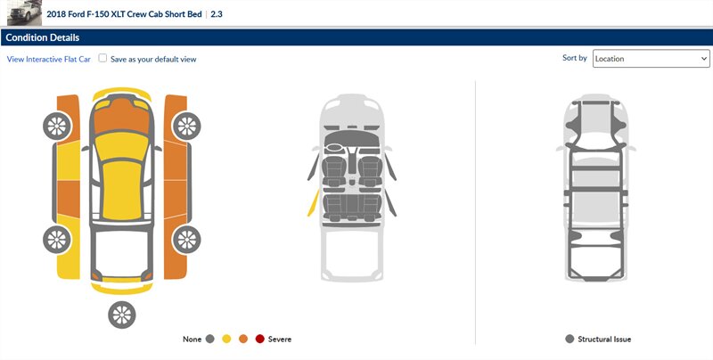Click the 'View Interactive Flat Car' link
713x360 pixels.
(x=49, y=59)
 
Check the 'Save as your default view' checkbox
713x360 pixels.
(x=102, y=58)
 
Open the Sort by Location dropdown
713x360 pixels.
(x=652, y=59)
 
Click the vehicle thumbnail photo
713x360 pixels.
(x=25, y=13)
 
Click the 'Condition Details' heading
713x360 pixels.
(x=42, y=37)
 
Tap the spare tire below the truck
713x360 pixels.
(x=122, y=315)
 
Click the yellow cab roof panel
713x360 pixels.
(x=121, y=189)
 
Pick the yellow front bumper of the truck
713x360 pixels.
(x=122, y=94)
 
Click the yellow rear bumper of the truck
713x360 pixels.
(x=122, y=288)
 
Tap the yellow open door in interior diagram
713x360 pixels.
(x=313, y=203)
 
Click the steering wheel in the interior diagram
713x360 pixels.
(x=334, y=147)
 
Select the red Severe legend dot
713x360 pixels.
(x=259, y=340)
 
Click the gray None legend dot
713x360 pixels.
(x=209, y=340)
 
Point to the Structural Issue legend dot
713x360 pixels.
(x=570, y=340)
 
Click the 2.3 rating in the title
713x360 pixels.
(x=217, y=14)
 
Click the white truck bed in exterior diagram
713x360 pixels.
(x=122, y=251)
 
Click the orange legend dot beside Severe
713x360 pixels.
(x=243, y=340)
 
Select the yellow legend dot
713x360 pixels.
(x=226, y=340)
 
